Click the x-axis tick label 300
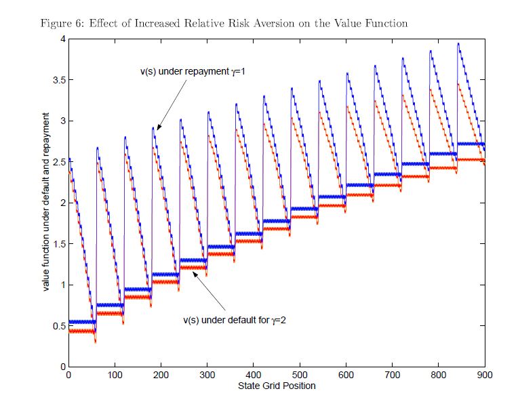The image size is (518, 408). [x=207, y=374]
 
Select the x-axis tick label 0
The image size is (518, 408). [x=68, y=374]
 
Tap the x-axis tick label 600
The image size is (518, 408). [x=346, y=374]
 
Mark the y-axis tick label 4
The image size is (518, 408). [x=61, y=39]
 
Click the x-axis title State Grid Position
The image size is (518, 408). [x=276, y=386]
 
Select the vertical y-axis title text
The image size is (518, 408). [x=46, y=203]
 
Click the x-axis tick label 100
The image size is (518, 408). [x=114, y=374]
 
